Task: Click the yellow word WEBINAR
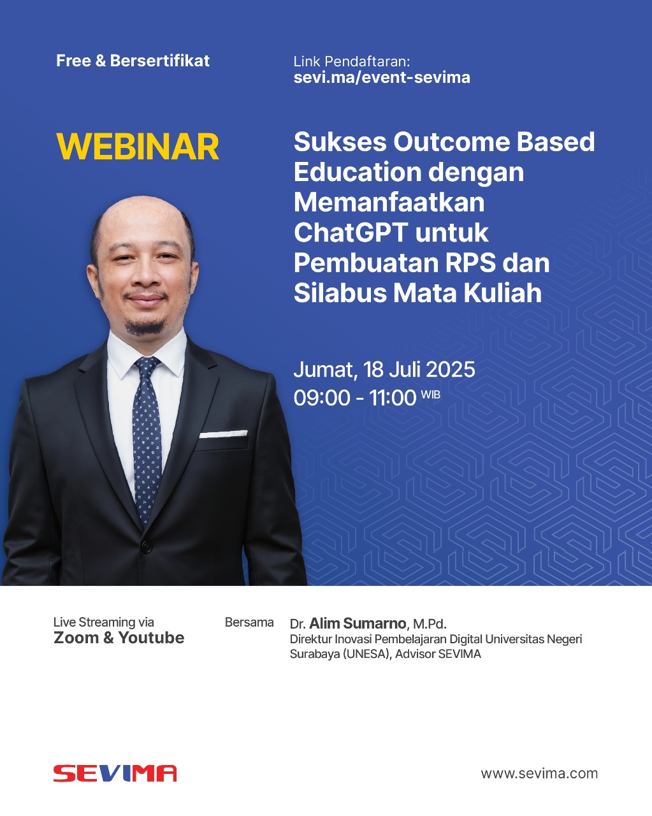(138, 147)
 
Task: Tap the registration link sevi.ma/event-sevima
(382, 77)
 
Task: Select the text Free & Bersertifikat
(133, 61)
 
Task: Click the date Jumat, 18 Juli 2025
(384, 370)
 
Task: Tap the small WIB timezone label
(431, 395)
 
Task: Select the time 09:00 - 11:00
(355, 398)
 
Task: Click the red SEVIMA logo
(115, 773)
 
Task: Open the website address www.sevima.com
(539, 773)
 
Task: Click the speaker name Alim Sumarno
(358, 623)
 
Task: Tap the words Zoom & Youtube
(119, 637)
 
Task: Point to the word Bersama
(249, 623)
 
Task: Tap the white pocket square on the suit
(223, 433)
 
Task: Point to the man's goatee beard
(145, 326)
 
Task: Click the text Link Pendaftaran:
(352, 61)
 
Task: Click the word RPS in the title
(470, 263)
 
